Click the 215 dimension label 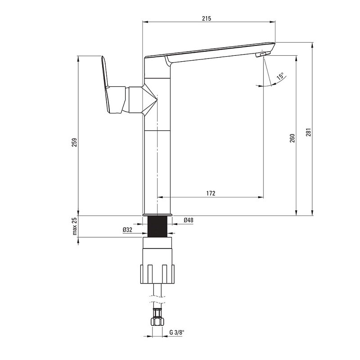pos(207,18)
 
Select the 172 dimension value pos(211,193)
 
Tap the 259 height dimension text pos(75,143)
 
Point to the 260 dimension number pos(292,138)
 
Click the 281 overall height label pos(308,132)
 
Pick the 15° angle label pos(280,76)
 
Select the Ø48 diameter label pos(189,220)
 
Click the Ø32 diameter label pos(127,229)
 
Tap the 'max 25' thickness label pos(75,226)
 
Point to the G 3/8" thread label pos(177,332)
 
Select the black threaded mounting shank pos(157,227)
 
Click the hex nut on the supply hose pos(157,321)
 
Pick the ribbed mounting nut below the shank pos(157,274)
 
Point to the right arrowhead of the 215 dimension pos(273,22)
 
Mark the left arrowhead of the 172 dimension pos(160,197)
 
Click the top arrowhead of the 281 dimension pos(312,45)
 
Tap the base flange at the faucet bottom pos(157,215)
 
